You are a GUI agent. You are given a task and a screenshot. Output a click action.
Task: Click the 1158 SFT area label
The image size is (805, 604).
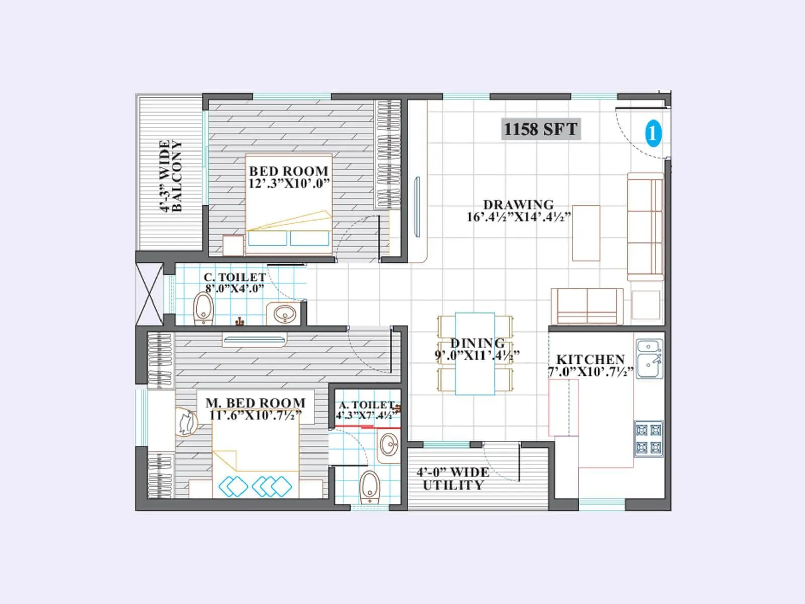(x=540, y=129)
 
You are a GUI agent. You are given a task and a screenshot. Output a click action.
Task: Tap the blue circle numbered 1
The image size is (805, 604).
(x=653, y=133)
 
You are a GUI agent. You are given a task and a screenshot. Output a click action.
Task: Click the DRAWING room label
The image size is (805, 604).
(x=518, y=205)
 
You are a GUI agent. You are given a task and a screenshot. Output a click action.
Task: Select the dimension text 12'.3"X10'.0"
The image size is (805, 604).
(x=288, y=184)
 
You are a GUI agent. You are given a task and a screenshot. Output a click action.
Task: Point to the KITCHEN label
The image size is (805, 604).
(x=591, y=359)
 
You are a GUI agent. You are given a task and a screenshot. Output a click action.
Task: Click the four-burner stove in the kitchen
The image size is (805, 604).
(x=648, y=438)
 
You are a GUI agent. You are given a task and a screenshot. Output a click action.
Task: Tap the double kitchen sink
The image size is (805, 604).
(x=649, y=358)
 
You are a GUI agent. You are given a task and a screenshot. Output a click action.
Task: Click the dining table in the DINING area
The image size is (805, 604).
(x=475, y=353)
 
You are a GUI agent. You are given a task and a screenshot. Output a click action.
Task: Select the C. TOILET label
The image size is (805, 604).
(x=234, y=277)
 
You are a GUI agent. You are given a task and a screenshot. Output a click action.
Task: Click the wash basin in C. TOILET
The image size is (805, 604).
(x=285, y=314)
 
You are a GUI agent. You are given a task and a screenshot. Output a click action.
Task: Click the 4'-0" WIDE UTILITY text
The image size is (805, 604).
(x=453, y=479)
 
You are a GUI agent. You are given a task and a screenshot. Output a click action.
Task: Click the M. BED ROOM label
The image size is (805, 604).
(x=255, y=403)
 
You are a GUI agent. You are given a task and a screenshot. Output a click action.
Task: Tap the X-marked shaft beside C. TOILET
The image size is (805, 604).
(x=149, y=294)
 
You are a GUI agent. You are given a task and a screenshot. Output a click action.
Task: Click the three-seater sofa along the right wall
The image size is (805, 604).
(x=645, y=226)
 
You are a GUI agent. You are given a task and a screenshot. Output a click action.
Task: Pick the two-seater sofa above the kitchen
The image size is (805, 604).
(x=587, y=306)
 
